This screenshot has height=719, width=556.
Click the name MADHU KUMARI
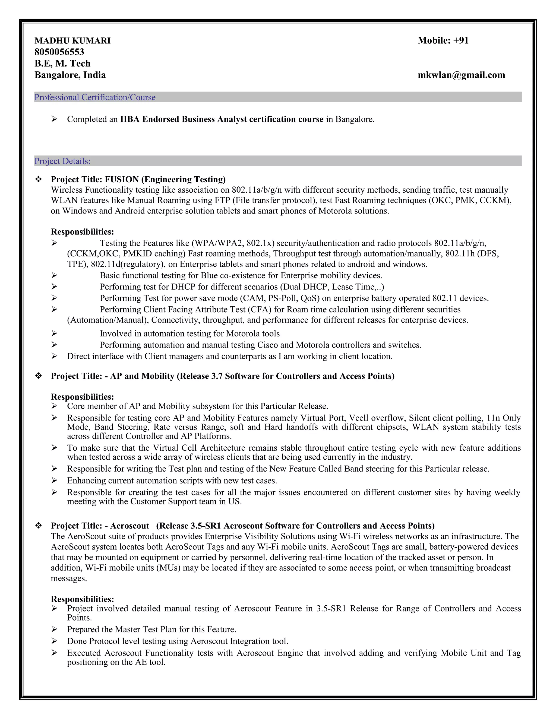click(72, 41)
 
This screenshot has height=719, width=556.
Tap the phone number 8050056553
click(59, 52)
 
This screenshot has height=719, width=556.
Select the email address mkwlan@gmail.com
click(461, 75)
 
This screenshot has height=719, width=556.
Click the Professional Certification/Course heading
click(95, 97)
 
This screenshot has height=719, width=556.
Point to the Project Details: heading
click(62, 161)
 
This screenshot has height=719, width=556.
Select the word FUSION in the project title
click(122, 179)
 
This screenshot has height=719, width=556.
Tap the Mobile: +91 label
click(443, 40)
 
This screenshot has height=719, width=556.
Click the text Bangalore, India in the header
click(70, 75)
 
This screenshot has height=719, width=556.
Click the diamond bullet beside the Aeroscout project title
click(39, 526)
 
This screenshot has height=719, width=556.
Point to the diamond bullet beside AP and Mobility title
click(39, 376)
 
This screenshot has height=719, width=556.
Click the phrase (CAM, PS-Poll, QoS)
click(280, 298)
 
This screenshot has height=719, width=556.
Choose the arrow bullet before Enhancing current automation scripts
click(54, 481)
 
